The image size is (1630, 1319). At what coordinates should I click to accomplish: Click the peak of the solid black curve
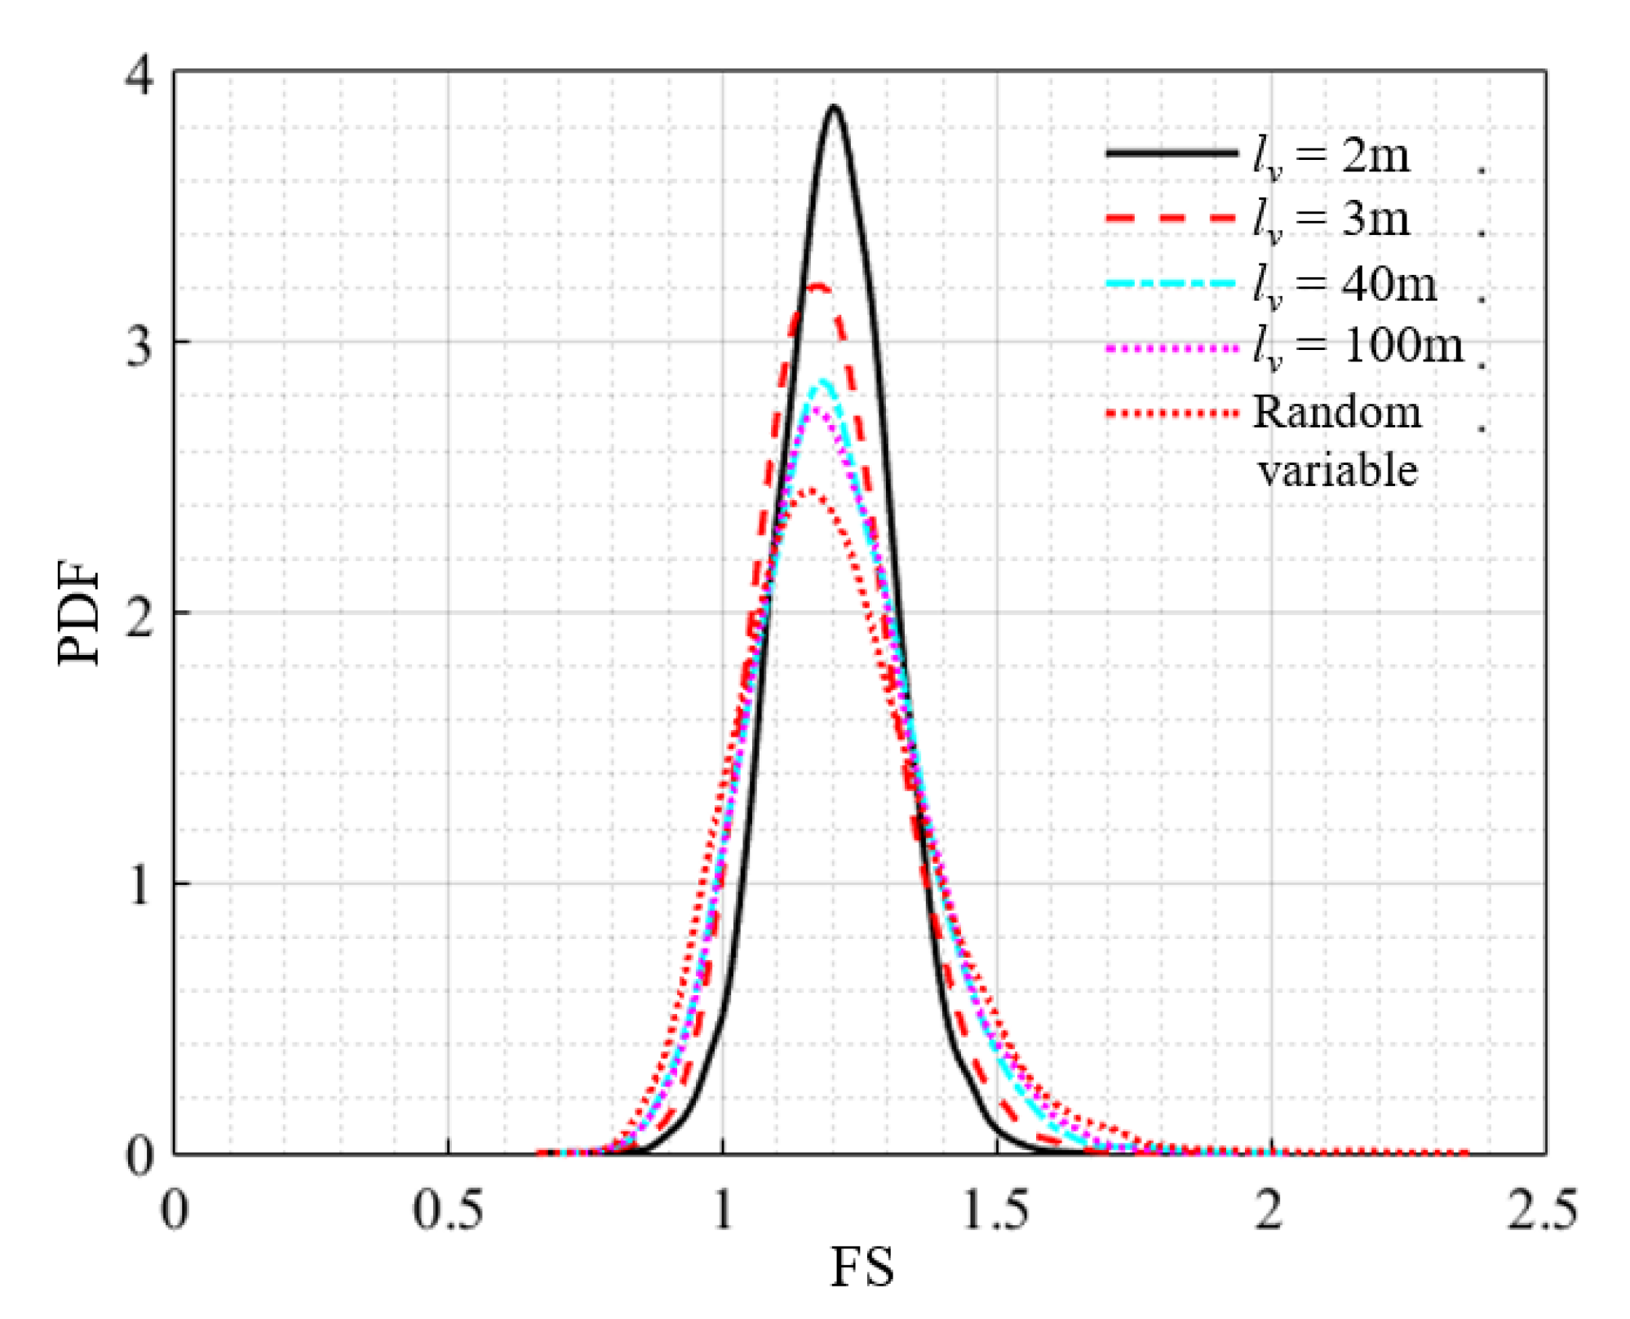(833, 107)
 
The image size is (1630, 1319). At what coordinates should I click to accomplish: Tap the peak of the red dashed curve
(818, 286)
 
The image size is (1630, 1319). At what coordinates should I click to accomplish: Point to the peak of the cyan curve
(822, 382)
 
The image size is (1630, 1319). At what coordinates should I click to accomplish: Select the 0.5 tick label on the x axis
(448, 1210)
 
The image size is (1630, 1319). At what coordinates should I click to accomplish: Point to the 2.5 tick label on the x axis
(1542, 1210)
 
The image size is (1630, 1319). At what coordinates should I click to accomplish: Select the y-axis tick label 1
(140, 885)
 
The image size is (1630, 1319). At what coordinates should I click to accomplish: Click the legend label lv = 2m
(1331, 155)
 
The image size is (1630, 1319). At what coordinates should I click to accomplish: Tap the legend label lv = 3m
(1331, 219)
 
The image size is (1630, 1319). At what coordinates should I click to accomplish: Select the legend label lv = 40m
(1344, 285)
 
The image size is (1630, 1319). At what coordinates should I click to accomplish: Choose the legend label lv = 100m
(1358, 347)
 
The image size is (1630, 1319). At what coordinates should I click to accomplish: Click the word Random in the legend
(1337, 412)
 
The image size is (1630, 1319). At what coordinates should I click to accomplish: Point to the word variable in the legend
(1337, 471)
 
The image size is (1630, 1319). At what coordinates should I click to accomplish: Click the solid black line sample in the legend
(1172, 153)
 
